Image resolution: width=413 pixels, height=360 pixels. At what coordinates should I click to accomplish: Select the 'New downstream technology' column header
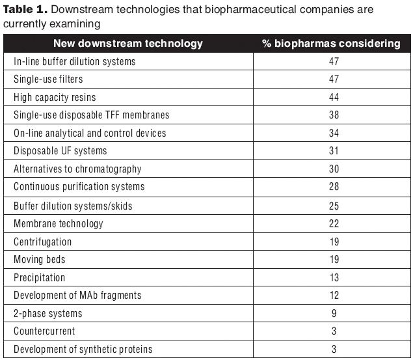127,44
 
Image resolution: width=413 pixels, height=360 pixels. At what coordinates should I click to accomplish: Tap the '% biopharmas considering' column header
331,44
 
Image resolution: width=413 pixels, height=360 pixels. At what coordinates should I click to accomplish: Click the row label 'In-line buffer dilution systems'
75,61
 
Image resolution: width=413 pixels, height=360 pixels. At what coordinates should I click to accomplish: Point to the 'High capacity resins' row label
55,97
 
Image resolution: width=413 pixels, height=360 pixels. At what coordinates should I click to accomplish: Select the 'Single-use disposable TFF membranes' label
92,115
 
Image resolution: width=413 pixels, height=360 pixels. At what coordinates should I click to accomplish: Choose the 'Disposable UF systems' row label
60,151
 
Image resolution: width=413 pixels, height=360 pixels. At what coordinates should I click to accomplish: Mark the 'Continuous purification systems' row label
79,187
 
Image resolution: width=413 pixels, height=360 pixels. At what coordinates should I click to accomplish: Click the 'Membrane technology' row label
59,223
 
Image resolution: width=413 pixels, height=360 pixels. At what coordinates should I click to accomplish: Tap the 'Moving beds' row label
40,259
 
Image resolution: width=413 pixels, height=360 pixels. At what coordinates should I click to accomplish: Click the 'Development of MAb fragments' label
77,295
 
